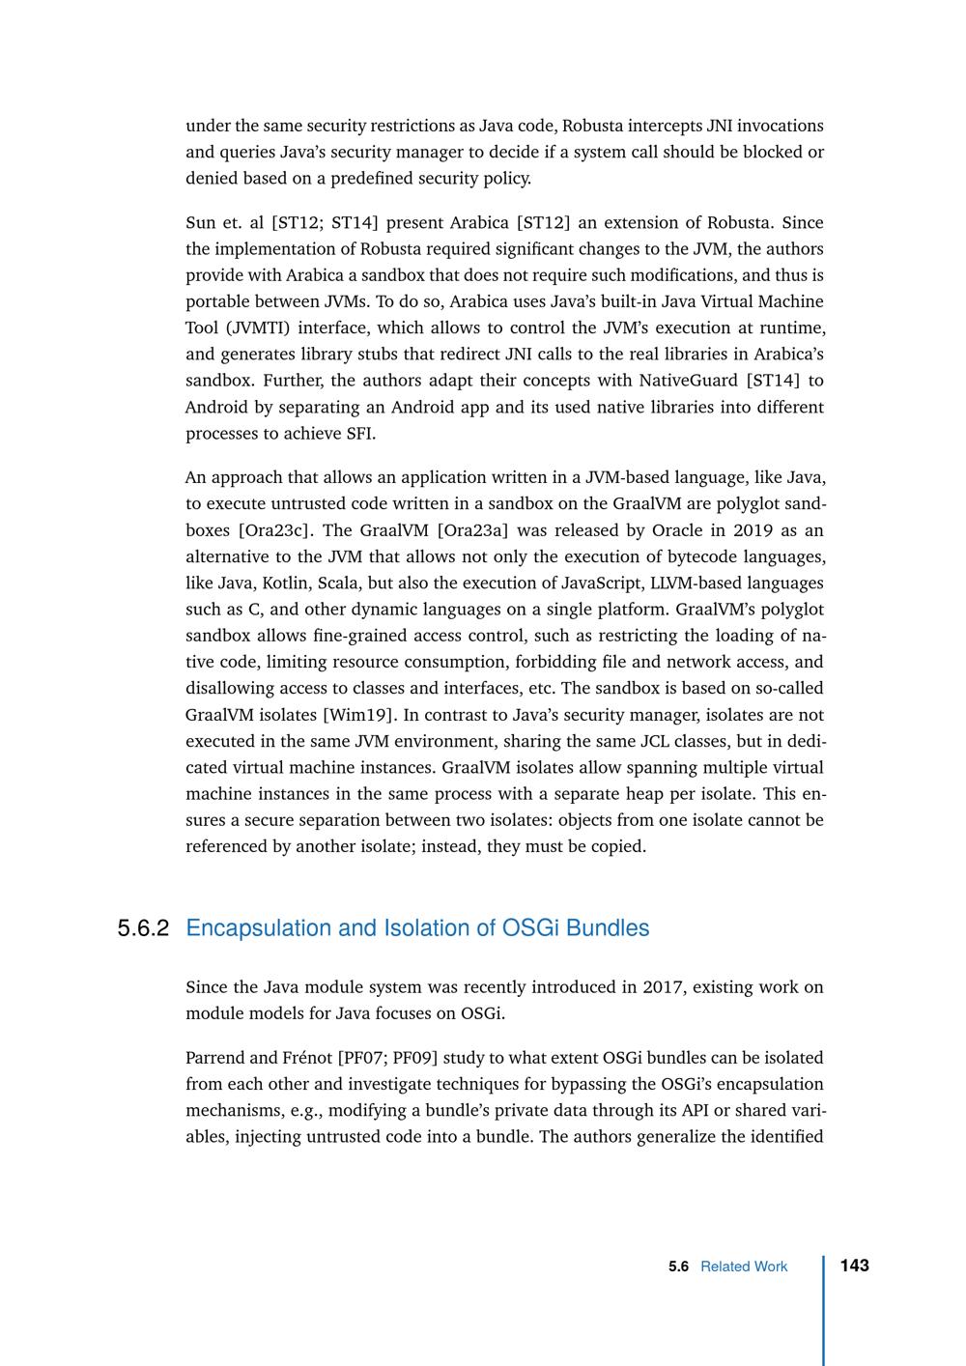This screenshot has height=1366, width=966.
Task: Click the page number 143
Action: (854, 1266)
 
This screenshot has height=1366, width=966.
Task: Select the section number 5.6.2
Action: (143, 928)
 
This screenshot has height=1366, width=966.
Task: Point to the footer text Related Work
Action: (744, 1266)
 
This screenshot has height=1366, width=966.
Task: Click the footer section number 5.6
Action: (678, 1266)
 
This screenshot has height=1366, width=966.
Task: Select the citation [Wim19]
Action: (357, 715)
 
